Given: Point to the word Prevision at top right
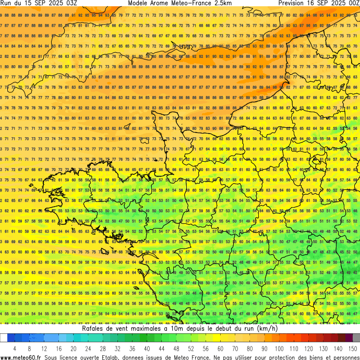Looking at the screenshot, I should tap(295, 3).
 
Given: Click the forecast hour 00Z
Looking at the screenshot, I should tap(351, 3).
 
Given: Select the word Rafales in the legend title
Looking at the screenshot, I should tap(95, 329).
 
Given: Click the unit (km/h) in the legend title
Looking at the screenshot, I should tap(264, 329).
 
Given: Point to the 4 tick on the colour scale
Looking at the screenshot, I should tap(15, 349).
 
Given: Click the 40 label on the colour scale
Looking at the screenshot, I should tap(147, 349).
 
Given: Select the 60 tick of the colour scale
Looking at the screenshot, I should tap(221, 349).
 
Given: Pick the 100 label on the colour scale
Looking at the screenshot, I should tap(280, 349).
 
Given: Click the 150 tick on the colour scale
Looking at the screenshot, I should tap(353, 349).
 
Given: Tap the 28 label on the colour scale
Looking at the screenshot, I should tap(103, 349).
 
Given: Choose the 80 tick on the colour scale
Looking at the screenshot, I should tap(250, 349).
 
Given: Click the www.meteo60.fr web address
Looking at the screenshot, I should tap(21, 357).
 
